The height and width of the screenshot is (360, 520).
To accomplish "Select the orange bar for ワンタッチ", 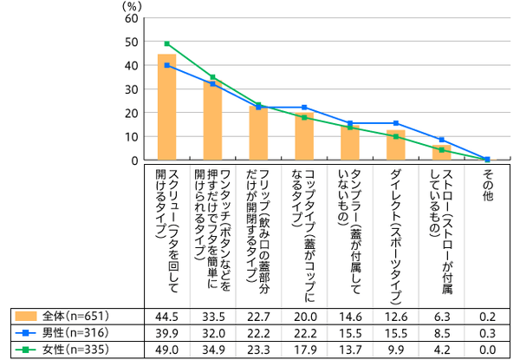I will tap(212, 121).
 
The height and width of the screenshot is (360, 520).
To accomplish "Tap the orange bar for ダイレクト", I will tap(396, 145).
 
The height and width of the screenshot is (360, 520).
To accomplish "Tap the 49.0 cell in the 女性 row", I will tap(166, 350).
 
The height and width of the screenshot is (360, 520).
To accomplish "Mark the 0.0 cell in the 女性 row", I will tap(487, 350).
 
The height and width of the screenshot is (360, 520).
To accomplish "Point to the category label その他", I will tap(487, 187).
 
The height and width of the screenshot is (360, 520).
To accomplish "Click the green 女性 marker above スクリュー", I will tap(166, 43).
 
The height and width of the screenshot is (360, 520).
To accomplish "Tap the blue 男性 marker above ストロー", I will tap(442, 140).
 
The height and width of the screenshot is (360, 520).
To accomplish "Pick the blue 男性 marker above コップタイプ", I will tap(304, 108).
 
